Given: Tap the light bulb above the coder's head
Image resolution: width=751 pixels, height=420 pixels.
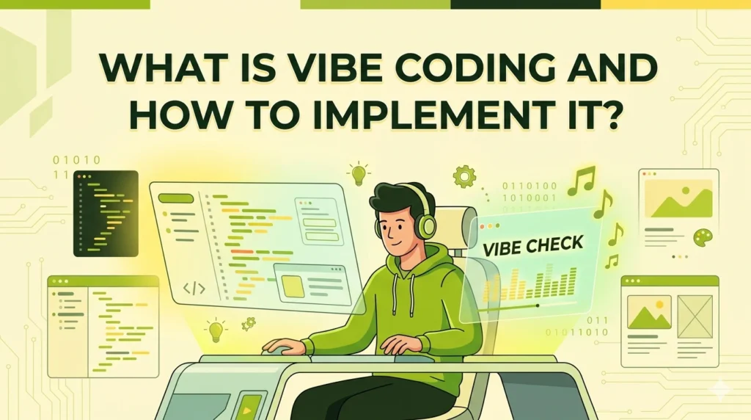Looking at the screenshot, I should (x=358, y=174).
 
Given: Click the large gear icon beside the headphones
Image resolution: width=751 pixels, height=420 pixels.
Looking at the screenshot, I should (x=464, y=176).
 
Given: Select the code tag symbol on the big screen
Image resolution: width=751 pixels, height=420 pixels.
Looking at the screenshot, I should (x=194, y=288).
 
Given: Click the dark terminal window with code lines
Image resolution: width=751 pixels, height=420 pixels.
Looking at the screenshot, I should (x=106, y=213).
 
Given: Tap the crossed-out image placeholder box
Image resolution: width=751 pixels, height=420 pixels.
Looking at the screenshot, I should (x=695, y=316).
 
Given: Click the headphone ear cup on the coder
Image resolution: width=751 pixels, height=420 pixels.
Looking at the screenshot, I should (x=425, y=222).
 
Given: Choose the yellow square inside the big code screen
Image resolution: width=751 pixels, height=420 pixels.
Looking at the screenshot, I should (x=294, y=286).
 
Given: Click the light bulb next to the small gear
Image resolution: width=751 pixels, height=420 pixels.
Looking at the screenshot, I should (x=215, y=330).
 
